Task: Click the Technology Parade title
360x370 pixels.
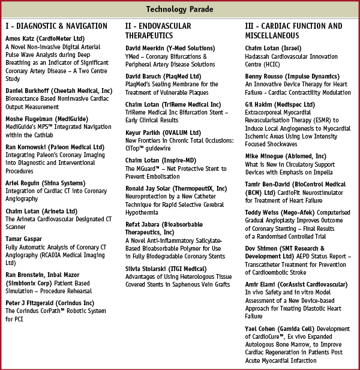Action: [x=179, y=10]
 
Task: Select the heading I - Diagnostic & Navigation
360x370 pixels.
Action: [x=56, y=26]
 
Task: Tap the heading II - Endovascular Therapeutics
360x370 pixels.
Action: [x=158, y=31]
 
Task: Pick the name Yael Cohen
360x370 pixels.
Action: [x=262, y=329]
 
